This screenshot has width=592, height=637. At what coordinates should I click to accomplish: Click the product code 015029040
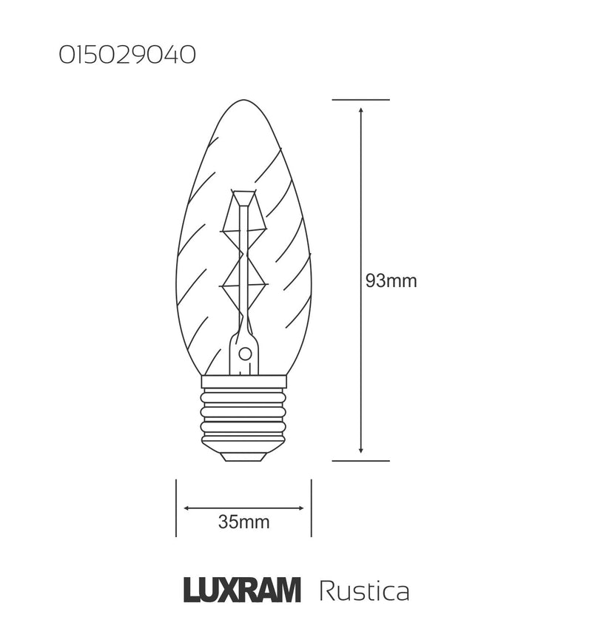tap(127, 55)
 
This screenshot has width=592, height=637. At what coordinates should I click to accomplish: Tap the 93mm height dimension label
tap(391, 281)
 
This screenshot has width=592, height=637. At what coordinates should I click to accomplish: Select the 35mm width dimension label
tap(243, 523)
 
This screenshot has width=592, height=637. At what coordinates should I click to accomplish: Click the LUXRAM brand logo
tap(241, 591)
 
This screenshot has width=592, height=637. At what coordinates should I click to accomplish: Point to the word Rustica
tap(363, 592)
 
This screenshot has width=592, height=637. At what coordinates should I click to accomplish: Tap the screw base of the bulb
tap(244, 418)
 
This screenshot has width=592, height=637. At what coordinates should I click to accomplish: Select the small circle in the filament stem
tap(244, 354)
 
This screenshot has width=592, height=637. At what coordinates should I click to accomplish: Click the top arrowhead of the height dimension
tap(360, 110)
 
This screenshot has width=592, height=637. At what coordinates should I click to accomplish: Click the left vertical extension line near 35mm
tap(176, 508)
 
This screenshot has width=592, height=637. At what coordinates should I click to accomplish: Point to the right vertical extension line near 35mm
tap(311, 508)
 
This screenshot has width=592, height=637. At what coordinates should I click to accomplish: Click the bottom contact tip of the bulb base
tap(244, 456)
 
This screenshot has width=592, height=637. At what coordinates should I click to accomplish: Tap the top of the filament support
tap(244, 194)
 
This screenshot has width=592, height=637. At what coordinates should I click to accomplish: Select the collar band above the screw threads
tap(244, 381)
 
